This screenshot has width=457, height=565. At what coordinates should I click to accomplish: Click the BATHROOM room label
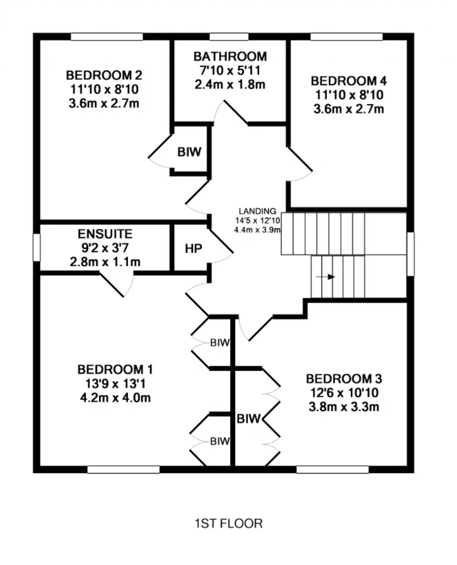[230, 56]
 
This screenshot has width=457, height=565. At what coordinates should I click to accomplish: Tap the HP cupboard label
[194, 249]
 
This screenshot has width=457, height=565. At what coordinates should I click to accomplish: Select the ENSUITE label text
[105, 234]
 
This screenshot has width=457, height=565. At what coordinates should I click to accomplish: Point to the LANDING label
[257, 211]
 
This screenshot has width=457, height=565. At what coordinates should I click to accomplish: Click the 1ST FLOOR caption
[229, 524]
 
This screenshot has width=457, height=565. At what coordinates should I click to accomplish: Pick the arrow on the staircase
[326, 277]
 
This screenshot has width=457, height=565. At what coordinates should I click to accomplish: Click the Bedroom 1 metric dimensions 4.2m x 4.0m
[115, 397]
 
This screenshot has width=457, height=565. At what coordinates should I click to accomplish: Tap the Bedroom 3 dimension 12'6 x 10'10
[344, 392]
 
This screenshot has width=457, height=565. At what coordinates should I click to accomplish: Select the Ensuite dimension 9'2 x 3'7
[105, 248]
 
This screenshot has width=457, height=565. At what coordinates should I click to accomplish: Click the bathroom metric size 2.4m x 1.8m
[230, 85]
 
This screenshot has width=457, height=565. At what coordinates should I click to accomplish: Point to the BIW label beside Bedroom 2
[189, 152]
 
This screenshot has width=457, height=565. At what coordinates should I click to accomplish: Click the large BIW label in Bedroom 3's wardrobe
[248, 419]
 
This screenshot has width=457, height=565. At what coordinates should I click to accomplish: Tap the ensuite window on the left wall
[36, 247]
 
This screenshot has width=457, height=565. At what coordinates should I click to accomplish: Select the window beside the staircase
[411, 254]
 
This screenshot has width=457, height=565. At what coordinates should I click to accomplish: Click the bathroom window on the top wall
[229, 36]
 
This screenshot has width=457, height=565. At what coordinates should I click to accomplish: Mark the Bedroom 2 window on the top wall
[107, 36]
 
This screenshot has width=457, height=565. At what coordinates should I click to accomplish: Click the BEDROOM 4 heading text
[348, 81]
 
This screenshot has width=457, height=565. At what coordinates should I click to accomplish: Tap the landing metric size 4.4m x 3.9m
[257, 230]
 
